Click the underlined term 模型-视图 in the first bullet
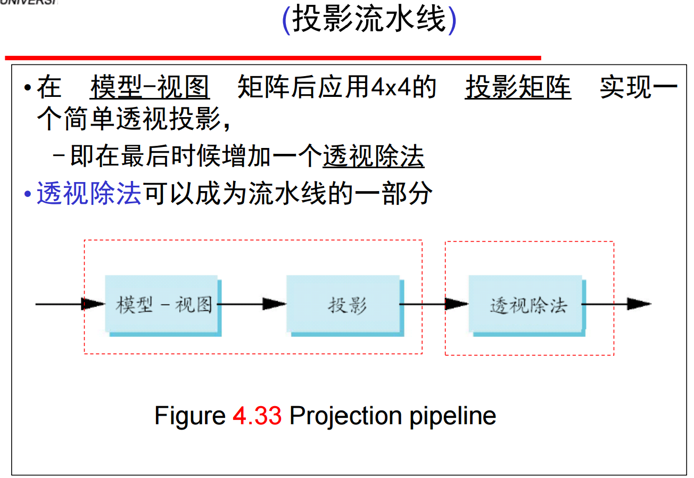(x=150, y=88)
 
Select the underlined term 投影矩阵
(x=518, y=88)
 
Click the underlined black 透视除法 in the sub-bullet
(x=374, y=157)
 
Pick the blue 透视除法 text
(x=89, y=194)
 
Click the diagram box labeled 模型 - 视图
(x=162, y=304)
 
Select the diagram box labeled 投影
(x=344, y=304)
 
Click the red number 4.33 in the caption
(x=257, y=415)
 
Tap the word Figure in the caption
(x=189, y=415)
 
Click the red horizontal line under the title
(x=272, y=57)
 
